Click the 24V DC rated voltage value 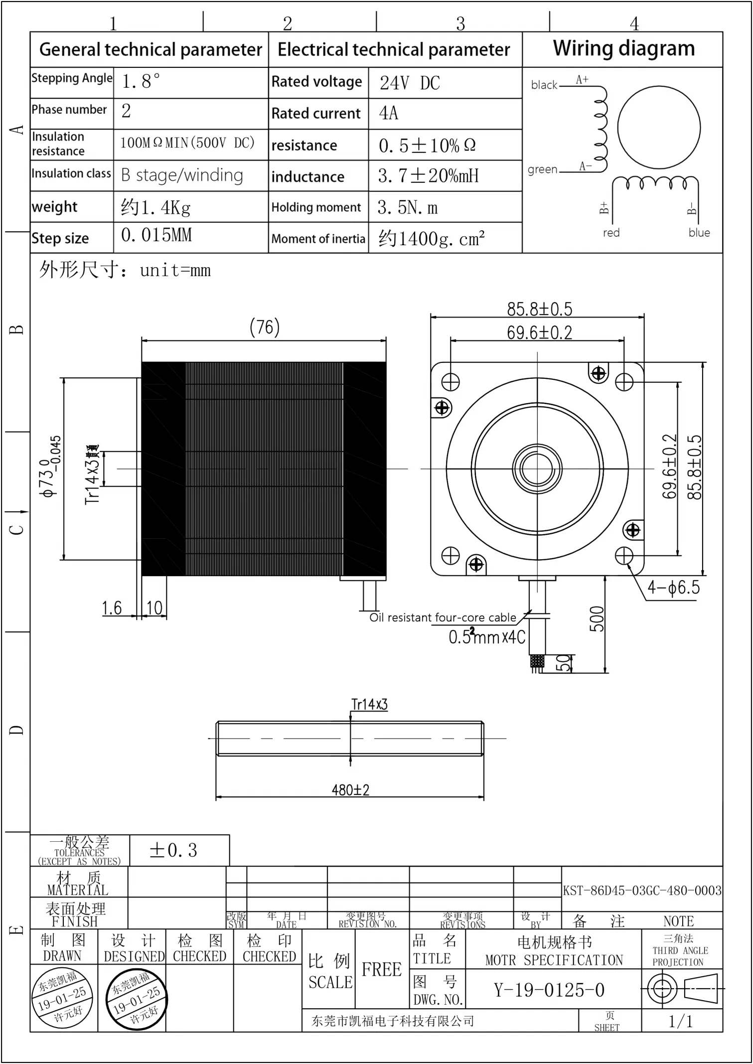pos(410,83)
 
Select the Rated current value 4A pos(389,113)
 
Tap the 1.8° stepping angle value pos(141,81)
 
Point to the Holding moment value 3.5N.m pos(408,207)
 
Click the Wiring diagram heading pos(623,49)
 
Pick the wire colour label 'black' pos(544,85)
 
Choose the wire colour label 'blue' pos(699,233)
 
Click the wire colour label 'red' pos(611,233)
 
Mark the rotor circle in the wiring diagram pos(658,128)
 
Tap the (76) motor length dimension pos(264,327)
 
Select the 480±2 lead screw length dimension pos(350,790)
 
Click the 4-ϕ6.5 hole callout pos(673,588)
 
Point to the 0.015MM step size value pos(156,235)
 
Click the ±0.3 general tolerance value pos(173,850)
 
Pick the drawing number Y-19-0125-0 pos(549,990)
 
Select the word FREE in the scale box pos(381,969)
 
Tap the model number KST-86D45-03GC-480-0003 pos(642,891)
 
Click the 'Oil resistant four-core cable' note pos(443,617)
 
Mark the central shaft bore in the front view pos(537,468)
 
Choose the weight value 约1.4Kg pos(155,207)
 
